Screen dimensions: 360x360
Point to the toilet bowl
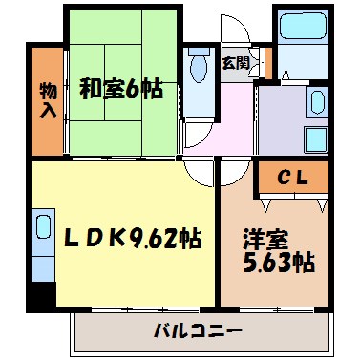(199, 69)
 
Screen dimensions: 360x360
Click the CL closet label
(292, 177)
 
